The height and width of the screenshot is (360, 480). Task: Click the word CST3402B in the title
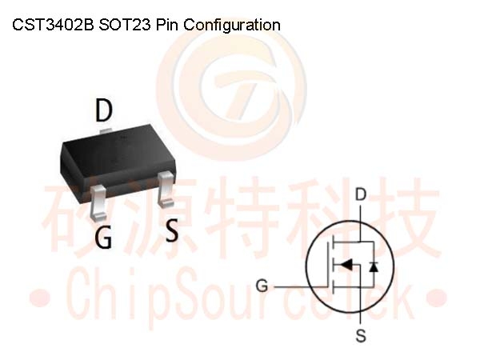tap(53, 25)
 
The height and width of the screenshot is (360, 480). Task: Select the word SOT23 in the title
tap(125, 25)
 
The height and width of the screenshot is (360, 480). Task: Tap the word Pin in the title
tap(167, 25)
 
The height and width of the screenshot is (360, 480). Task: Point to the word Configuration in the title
tap(232, 26)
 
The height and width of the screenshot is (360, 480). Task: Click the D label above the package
tap(104, 110)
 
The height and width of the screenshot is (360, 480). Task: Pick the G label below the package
tap(103, 238)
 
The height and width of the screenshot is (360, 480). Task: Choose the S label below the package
tap(171, 230)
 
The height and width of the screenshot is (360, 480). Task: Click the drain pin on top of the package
tap(106, 130)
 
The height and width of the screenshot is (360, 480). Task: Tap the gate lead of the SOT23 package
tap(98, 202)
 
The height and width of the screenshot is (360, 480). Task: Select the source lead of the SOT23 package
tap(166, 189)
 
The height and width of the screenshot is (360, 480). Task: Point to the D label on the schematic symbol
tap(361, 194)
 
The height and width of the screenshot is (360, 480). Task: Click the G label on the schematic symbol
tap(262, 286)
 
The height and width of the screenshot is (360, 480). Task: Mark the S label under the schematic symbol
tap(361, 335)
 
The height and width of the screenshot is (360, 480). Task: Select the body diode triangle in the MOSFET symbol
tap(374, 266)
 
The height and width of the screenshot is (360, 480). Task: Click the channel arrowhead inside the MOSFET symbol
tap(346, 264)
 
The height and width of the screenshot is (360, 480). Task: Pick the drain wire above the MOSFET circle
tap(360, 214)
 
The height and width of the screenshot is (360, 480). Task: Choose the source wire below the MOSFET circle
tap(360, 317)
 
